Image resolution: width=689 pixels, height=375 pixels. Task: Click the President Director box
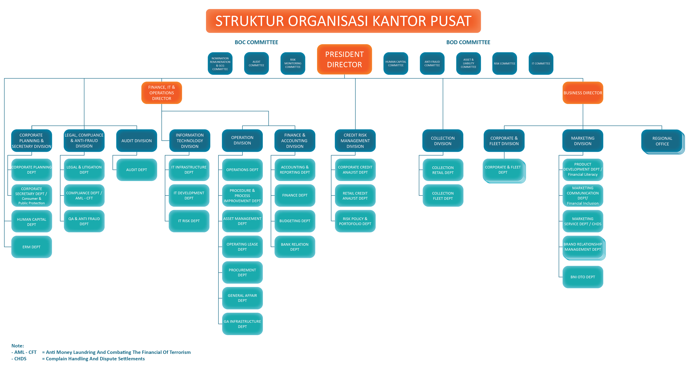pyautogui.click(x=344, y=59)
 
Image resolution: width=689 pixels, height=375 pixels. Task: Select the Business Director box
pyautogui.click(x=583, y=93)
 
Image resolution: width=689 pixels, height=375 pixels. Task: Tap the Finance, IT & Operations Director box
pyautogui.click(x=162, y=93)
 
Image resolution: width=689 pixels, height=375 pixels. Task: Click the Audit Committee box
pyautogui.click(x=256, y=63)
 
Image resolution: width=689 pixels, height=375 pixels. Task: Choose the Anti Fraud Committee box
pyautogui.click(x=432, y=63)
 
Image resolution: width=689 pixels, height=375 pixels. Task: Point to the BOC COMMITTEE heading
pyautogui.click(x=256, y=42)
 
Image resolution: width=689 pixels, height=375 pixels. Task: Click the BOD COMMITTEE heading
pyautogui.click(x=468, y=42)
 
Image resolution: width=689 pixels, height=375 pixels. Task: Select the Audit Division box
pyautogui.click(x=136, y=140)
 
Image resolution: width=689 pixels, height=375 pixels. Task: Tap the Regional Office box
pyautogui.click(x=662, y=141)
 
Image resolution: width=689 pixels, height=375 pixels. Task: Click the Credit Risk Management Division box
pyautogui.click(x=355, y=140)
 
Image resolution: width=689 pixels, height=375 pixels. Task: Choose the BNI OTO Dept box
pyautogui.click(x=583, y=277)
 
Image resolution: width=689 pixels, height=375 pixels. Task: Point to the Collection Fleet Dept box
pyautogui.click(x=443, y=196)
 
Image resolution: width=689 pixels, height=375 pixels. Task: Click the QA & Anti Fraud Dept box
pyautogui.click(x=84, y=221)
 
